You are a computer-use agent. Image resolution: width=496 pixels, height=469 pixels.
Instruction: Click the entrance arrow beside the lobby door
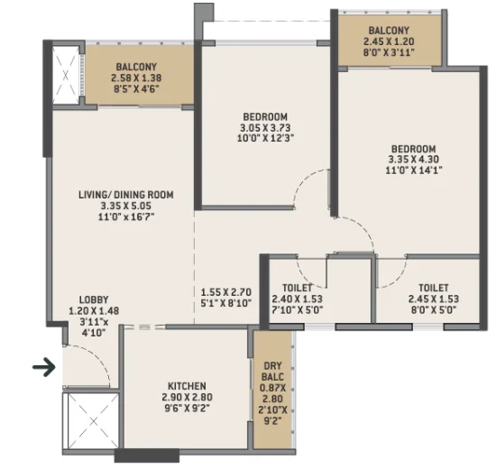[44, 367]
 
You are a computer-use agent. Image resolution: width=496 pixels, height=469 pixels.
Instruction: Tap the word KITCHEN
[187, 386]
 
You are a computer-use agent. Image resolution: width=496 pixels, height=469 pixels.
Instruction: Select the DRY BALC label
[272, 372]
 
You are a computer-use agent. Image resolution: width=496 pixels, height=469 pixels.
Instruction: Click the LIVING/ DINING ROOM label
[126, 195]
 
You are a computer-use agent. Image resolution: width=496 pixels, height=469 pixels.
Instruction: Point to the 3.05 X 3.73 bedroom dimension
[265, 128]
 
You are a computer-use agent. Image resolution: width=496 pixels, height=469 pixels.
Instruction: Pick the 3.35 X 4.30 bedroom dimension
[413, 159]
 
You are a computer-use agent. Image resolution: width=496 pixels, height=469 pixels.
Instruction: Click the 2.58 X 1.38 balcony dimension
[136, 78]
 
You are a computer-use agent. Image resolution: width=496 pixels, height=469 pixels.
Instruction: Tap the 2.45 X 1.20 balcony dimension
[389, 41]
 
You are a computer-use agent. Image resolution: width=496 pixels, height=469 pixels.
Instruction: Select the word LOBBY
[94, 299]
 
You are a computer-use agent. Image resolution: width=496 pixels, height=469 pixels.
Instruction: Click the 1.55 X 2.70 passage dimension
[226, 292]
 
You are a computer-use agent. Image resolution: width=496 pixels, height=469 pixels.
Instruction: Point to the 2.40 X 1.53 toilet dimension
[297, 299]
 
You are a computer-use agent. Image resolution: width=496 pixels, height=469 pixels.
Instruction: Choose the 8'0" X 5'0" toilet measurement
[434, 309]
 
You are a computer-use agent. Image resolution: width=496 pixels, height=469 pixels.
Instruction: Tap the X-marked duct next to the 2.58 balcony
[66, 76]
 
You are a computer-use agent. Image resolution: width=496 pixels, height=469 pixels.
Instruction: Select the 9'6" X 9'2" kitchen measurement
[187, 408]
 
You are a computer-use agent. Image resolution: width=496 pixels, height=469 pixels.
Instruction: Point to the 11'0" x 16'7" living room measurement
[126, 216]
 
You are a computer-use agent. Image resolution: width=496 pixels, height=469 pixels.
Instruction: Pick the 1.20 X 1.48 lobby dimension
[94, 311]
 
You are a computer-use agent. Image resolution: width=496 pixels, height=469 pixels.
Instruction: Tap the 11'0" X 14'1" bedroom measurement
[413, 170]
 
